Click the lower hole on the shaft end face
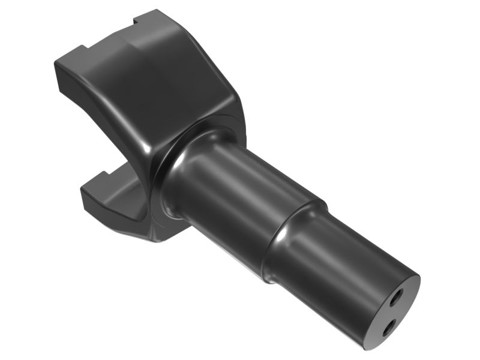388,327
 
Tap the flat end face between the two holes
392,311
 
